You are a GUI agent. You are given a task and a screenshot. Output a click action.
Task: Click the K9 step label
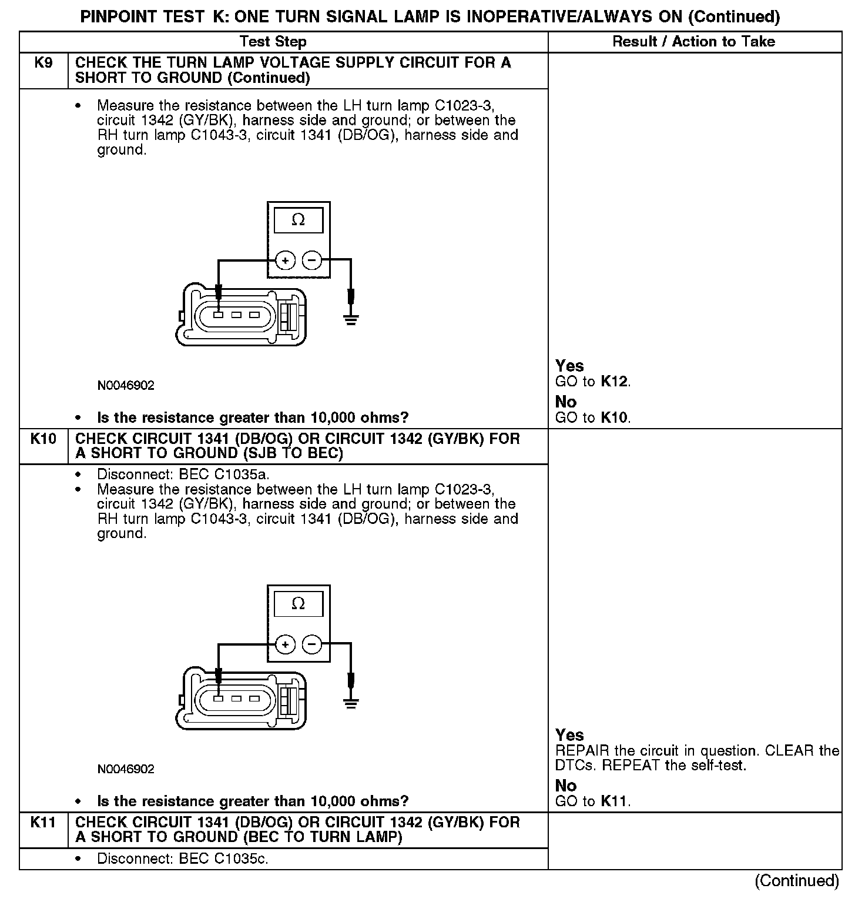point(43,63)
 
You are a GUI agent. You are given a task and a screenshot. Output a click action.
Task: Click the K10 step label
point(43,439)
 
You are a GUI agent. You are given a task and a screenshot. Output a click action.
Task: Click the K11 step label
point(43,822)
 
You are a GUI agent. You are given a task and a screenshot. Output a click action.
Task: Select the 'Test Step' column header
point(273,42)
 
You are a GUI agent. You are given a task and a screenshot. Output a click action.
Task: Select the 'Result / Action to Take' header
point(693,42)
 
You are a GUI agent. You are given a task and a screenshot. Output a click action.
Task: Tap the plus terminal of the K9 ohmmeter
point(285,260)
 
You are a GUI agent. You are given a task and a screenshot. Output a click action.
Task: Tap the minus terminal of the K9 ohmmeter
point(312,260)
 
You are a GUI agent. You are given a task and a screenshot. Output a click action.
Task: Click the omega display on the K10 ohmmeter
point(299,604)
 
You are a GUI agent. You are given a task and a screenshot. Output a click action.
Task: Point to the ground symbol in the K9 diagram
point(351,320)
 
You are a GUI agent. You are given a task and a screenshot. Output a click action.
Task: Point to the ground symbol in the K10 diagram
point(351,703)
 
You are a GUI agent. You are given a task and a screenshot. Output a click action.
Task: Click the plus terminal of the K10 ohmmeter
point(285,644)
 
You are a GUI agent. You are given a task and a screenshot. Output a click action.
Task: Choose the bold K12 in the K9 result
point(615,382)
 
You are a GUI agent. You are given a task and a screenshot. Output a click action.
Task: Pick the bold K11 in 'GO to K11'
point(615,801)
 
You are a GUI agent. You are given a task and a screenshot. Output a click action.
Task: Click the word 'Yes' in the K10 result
point(569,735)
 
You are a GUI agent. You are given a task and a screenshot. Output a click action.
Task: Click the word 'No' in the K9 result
point(566,402)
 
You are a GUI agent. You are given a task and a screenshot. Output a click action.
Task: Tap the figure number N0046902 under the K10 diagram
point(126,769)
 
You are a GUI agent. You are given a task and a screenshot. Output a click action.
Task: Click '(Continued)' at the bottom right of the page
point(797,880)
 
